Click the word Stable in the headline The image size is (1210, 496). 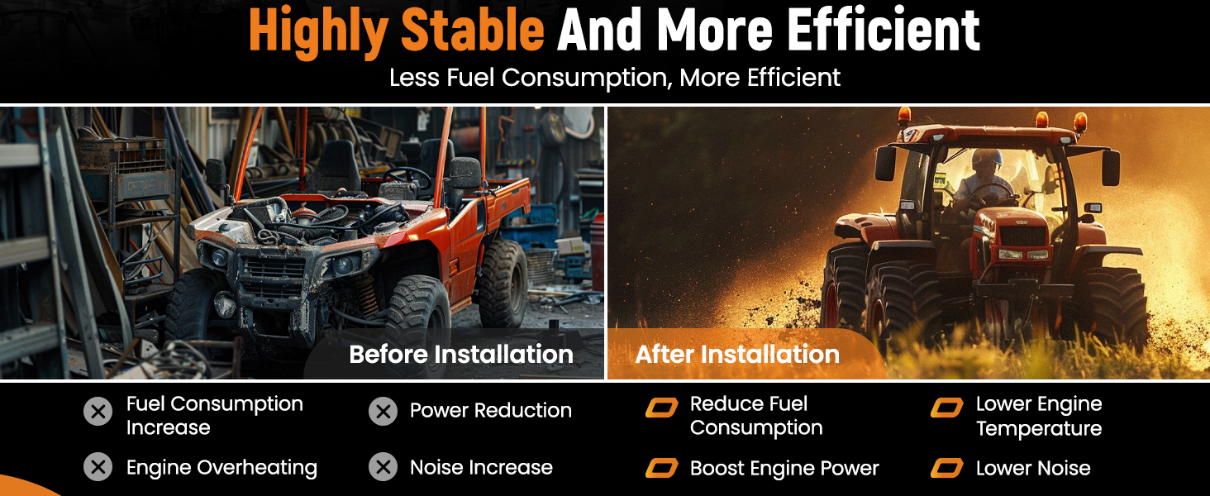click(473, 31)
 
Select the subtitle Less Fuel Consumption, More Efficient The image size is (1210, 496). click(615, 77)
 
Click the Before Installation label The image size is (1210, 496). click(460, 355)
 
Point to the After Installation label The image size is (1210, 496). click(737, 355)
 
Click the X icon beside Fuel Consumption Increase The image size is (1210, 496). click(98, 412)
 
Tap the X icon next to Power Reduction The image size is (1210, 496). click(383, 412)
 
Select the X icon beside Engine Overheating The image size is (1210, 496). click(98, 467)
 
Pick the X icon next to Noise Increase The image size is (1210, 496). click(383, 467)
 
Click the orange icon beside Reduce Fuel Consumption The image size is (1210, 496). click(662, 408)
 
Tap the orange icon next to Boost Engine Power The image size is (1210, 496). click(662, 469)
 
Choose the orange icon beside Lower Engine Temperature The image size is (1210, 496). click(947, 408)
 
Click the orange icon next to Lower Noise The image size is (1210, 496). click(947, 469)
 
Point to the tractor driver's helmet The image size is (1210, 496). click(986, 160)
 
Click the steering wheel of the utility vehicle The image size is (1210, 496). click(407, 177)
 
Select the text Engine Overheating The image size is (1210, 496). click(222, 468)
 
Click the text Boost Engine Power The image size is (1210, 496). click(784, 469)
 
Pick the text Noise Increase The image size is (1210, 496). click(481, 467)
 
